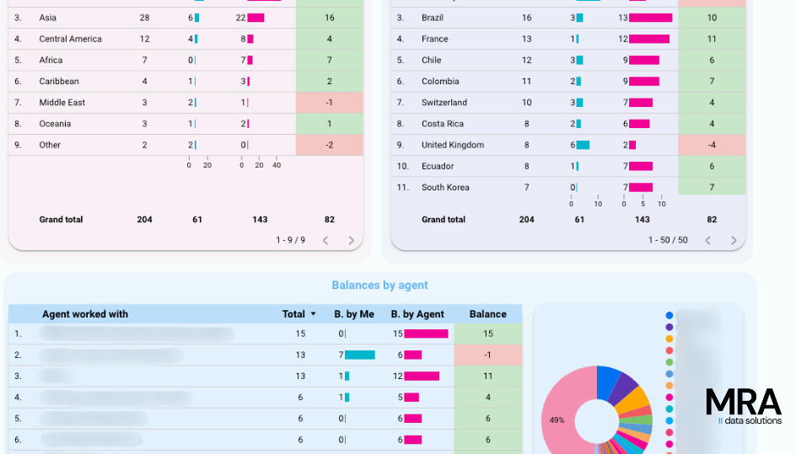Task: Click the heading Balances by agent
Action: tap(379, 286)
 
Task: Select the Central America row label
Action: tap(70, 39)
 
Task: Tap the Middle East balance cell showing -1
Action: tap(329, 103)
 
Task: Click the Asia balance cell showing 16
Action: tap(329, 18)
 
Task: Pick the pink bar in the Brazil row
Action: tap(650, 18)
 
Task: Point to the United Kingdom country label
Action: tap(453, 145)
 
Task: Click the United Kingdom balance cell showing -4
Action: tap(712, 145)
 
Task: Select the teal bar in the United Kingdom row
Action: tap(583, 145)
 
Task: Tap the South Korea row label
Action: tap(445, 187)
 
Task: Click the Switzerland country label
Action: tap(444, 103)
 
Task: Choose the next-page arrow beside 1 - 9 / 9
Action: tap(352, 240)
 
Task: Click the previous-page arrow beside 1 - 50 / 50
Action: tap(707, 240)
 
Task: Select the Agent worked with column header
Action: tap(85, 314)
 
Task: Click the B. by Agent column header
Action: tap(417, 314)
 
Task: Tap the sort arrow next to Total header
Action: tap(314, 314)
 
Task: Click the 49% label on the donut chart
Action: tap(557, 419)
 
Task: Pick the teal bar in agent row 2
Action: tap(360, 355)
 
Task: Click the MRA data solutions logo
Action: tap(744, 406)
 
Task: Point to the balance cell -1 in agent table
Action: tap(487, 355)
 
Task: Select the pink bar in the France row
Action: tap(649, 39)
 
